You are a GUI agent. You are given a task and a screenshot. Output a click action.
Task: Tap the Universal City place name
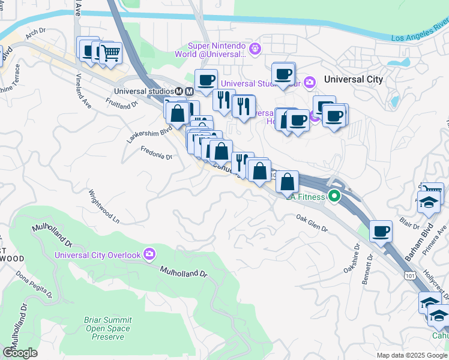pos(353,79)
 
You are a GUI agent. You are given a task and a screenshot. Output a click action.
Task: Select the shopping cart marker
pos(110,53)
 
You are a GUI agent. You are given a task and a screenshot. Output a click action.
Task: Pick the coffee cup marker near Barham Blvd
pos(381,231)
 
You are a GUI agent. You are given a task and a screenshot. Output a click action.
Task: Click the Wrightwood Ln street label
pos(104,207)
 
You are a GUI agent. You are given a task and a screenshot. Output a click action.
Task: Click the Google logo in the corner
pos(20,353)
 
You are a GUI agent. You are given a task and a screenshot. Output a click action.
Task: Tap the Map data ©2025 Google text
pos(412,355)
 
